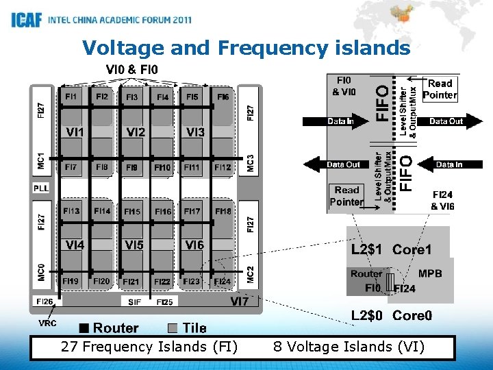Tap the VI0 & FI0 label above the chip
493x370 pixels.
coord(131,69)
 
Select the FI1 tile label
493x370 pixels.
coord(71,97)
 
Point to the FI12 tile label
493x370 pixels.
coord(223,167)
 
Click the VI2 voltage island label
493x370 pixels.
coord(136,132)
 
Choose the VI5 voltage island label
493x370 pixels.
coord(134,245)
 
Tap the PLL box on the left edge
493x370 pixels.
coord(41,188)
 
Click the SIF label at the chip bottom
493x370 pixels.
coord(134,301)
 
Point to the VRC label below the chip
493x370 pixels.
coord(47,323)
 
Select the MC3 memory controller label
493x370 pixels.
coord(251,162)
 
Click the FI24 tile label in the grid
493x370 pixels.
coord(222,282)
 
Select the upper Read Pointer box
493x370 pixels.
coord(440,89)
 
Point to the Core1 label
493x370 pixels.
coord(412,250)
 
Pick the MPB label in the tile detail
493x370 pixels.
coord(430,273)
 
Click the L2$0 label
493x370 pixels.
coord(368,315)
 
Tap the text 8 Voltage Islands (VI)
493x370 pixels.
coord(349,347)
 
